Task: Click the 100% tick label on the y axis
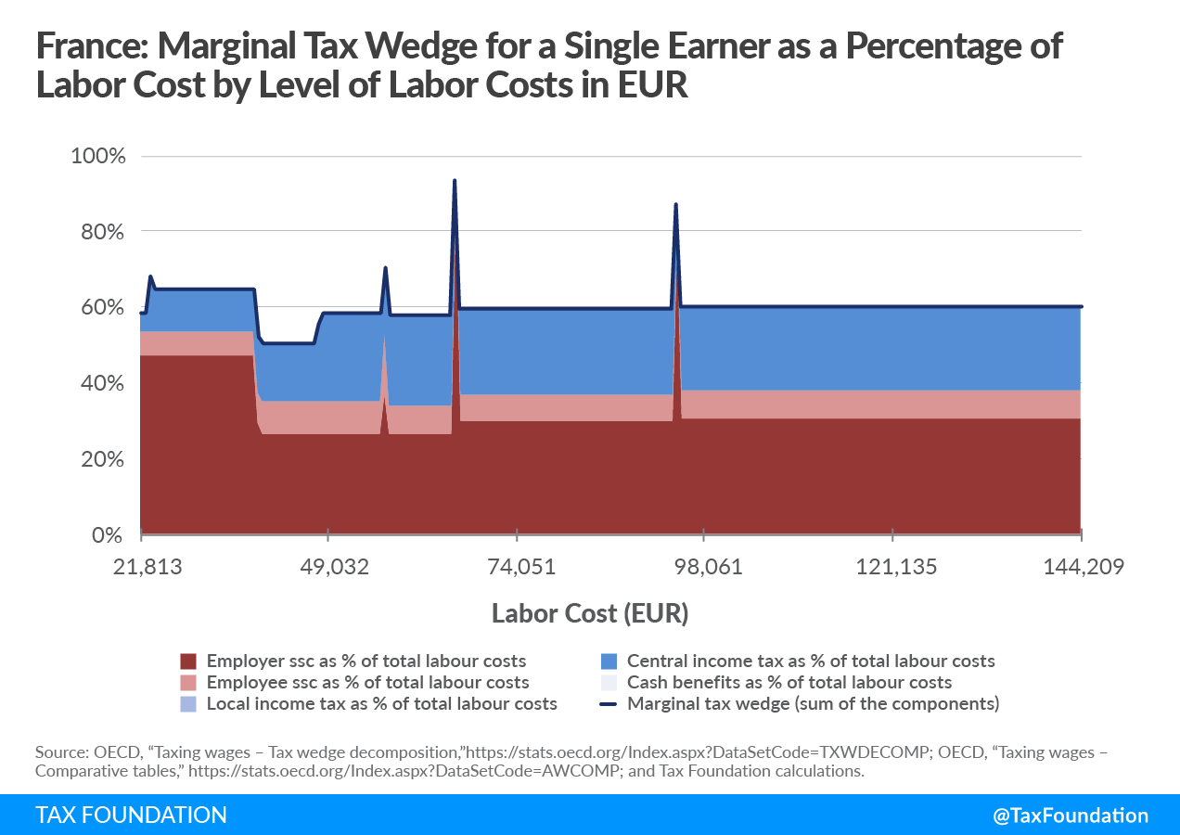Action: point(97,155)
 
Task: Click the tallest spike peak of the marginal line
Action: point(455,181)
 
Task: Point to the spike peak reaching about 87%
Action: point(675,204)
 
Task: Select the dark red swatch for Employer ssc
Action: point(189,662)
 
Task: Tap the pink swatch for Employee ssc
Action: point(189,683)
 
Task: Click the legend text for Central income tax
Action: point(811,662)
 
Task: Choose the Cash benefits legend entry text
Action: point(789,683)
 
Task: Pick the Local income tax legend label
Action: point(381,704)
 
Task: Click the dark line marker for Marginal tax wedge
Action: point(609,704)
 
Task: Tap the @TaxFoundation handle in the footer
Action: point(1071,816)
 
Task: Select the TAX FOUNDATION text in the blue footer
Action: point(131,816)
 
